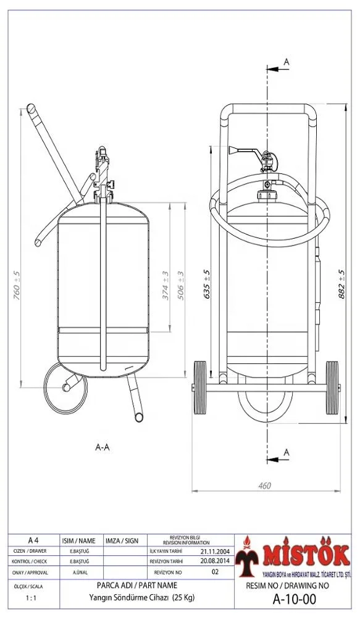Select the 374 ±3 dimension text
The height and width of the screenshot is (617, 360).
click(165, 285)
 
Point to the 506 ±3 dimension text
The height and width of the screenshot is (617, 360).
click(181, 285)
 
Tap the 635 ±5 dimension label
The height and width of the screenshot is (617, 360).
click(206, 284)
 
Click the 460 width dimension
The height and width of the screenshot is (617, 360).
click(264, 486)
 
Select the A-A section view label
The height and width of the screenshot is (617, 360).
click(103, 447)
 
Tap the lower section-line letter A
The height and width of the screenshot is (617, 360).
click(286, 453)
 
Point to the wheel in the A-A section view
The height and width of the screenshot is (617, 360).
click(66, 387)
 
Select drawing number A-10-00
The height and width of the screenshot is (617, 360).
click(294, 599)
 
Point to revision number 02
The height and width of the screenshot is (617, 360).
click(215, 572)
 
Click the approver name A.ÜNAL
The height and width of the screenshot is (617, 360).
click(80, 573)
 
